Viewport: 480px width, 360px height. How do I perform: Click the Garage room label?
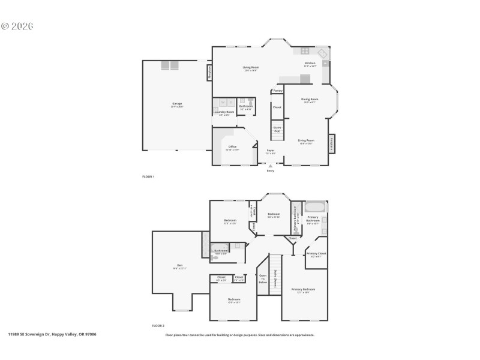point(177,103)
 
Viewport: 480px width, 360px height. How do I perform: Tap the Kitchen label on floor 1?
point(310,63)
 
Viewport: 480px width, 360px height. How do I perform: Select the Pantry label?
point(277,91)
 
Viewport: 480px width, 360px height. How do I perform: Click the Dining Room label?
point(310,99)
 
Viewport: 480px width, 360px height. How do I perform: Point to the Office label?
point(232,146)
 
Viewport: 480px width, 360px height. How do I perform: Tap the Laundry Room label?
point(224,112)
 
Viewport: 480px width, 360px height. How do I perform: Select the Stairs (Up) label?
point(277,129)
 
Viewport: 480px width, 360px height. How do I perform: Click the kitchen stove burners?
point(305,52)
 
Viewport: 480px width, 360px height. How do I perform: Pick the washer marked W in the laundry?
point(222,102)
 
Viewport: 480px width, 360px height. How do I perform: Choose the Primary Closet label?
point(316,254)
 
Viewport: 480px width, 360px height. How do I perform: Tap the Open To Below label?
point(262,279)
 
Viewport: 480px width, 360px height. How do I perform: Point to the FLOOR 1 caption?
point(148,176)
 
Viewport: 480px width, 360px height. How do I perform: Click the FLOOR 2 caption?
point(158,326)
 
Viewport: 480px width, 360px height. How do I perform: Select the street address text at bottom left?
point(52,334)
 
